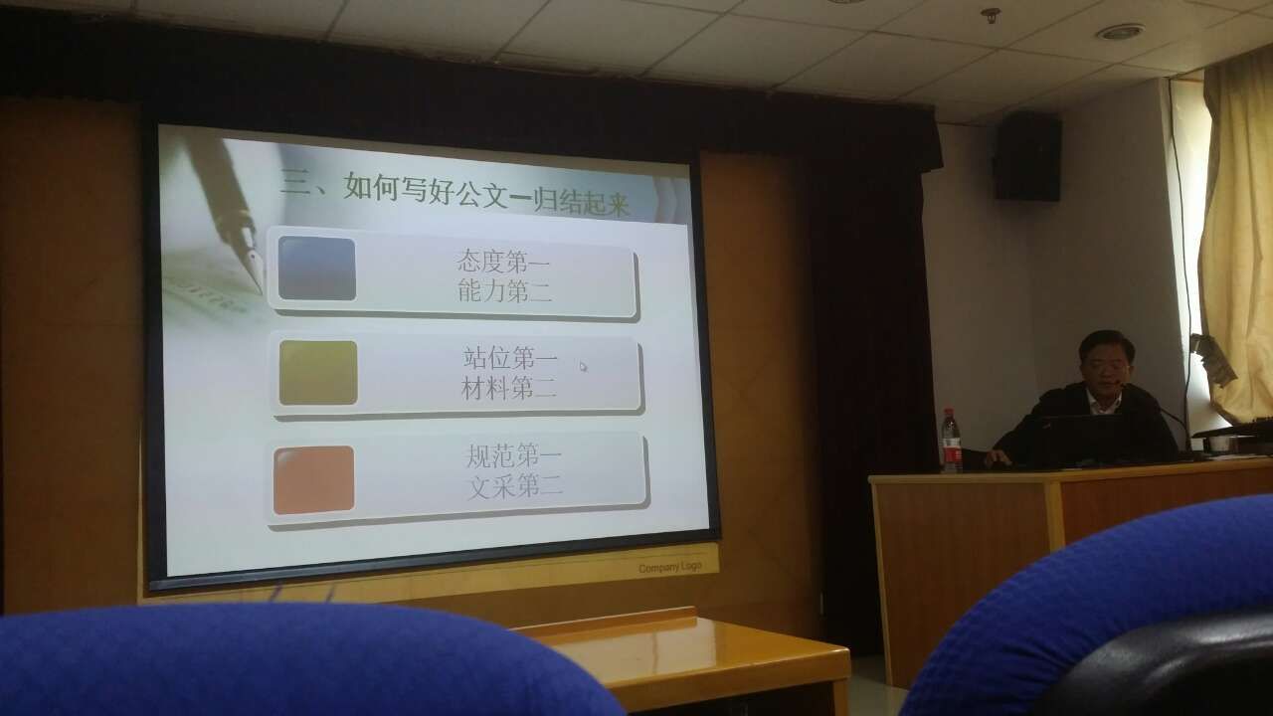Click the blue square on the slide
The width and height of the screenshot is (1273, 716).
[317, 268]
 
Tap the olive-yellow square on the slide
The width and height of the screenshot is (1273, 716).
[318, 372]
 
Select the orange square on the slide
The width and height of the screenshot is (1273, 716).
[313, 479]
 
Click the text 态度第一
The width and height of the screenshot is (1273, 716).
[503, 262]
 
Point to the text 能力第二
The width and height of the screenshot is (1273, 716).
[504, 291]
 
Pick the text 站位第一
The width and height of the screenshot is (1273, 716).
[510, 359]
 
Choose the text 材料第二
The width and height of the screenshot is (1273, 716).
[508, 388]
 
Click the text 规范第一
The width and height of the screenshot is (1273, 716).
[514, 456]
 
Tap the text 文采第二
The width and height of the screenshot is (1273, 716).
[515, 486]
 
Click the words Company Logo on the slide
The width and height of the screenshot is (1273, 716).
[670, 567]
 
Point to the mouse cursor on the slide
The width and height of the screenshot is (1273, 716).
[583, 367]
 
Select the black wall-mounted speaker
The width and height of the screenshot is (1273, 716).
[1027, 156]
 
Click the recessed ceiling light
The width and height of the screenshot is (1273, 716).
[1120, 32]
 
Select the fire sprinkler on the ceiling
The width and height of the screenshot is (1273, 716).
[991, 15]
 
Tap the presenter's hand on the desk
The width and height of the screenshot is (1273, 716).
[998, 457]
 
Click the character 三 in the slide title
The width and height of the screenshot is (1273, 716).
[295, 183]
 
